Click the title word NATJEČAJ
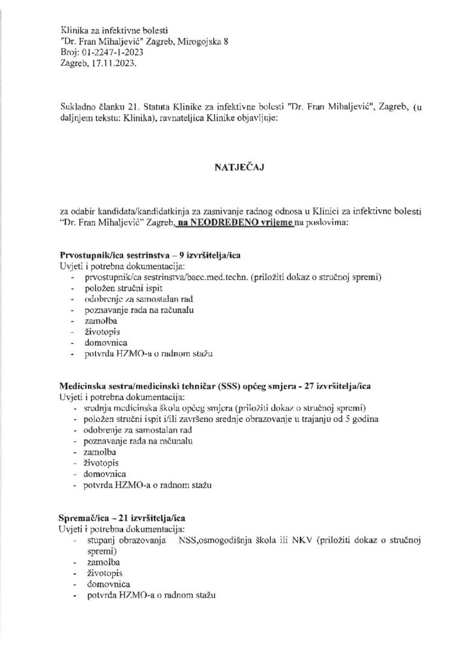tap(235, 166)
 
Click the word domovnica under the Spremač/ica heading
tap(103, 584)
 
